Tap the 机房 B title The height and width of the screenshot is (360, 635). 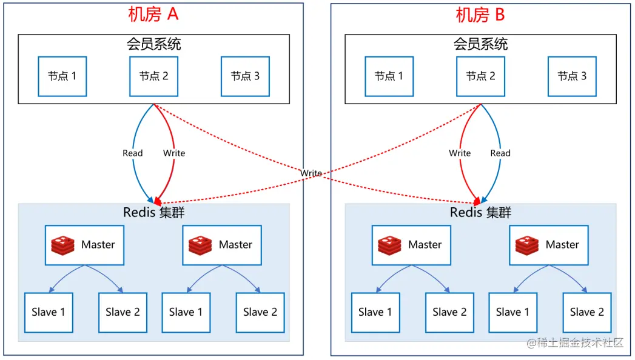coord(480,14)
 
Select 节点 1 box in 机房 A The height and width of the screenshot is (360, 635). coord(62,76)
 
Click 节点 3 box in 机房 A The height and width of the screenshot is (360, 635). coord(245,76)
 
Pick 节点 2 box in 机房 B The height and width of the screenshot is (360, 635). coord(480,76)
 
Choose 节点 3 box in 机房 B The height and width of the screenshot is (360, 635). coord(572,76)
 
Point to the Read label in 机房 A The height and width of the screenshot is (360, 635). coord(132,153)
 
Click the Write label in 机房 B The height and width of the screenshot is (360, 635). coord(460,153)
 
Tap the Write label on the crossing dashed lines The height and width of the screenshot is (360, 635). coord(311,173)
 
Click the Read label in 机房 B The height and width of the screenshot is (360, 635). coord(500,153)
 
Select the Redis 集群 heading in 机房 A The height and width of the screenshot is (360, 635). coord(153,212)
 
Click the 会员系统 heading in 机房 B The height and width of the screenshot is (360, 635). coord(480,44)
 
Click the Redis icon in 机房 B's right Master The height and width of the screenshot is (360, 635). coord(527,245)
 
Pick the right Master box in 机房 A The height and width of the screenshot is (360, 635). coord(221,245)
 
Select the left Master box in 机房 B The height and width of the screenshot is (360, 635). coord(411,245)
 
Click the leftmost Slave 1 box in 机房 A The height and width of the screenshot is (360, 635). coord(49,312)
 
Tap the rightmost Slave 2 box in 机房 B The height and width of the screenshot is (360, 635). coord(586,312)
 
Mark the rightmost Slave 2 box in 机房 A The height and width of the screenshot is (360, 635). coord(260,312)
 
